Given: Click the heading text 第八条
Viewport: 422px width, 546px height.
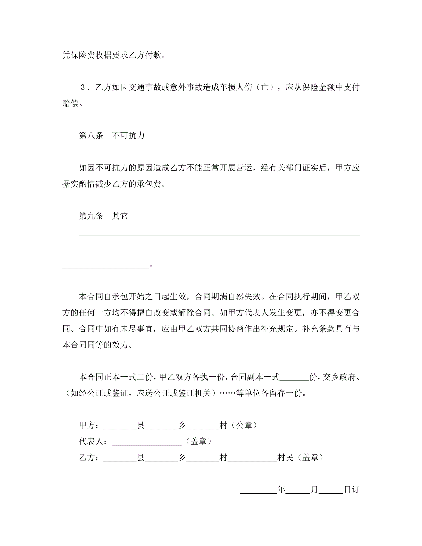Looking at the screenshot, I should (91, 136).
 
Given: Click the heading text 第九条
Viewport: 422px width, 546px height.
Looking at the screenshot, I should (91, 216).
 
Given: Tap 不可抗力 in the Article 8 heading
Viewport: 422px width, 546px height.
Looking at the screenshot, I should (128, 136).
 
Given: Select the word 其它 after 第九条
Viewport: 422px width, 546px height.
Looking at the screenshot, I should (120, 216).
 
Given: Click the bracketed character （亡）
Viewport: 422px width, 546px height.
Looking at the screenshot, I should (265, 87).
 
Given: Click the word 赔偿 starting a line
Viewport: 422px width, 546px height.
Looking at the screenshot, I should (70, 103).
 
